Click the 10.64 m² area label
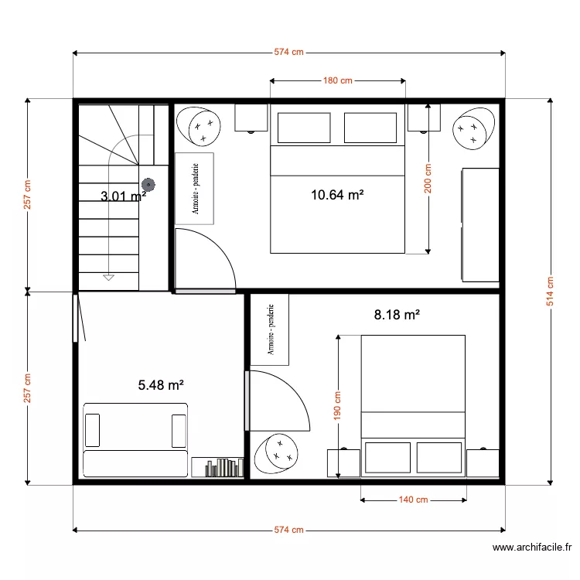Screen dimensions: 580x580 [x=337, y=195]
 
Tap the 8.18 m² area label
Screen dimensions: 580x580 [x=397, y=315]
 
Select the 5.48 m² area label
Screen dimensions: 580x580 [x=160, y=384]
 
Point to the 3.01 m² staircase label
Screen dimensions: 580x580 [x=123, y=196]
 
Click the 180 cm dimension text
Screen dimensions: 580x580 [x=337, y=80]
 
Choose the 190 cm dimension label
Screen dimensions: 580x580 [x=338, y=406]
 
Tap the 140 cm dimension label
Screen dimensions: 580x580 [x=413, y=500]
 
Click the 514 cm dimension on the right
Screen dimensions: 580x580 [x=550, y=292]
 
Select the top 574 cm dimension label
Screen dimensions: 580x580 [x=288, y=53]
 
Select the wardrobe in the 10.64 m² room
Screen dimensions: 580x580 [x=194, y=188]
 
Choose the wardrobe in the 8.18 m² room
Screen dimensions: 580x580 [x=270, y=329]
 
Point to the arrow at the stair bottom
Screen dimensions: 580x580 [x=108, y=276]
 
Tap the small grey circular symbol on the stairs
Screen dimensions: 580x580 [x=147, y=185]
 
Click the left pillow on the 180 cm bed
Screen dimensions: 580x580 [x=304, y=128]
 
